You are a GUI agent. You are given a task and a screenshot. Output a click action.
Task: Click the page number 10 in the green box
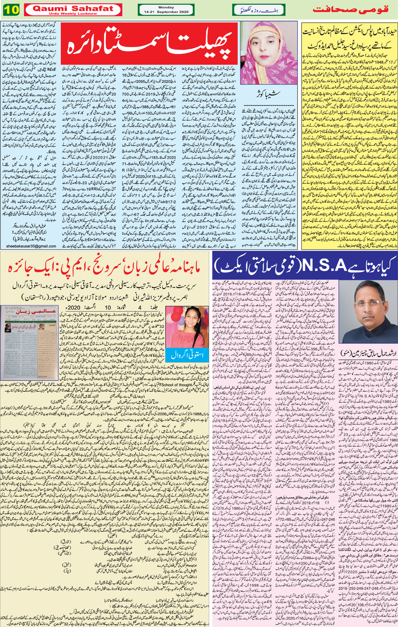10,9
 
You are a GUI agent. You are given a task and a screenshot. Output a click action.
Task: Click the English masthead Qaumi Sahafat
73,7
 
